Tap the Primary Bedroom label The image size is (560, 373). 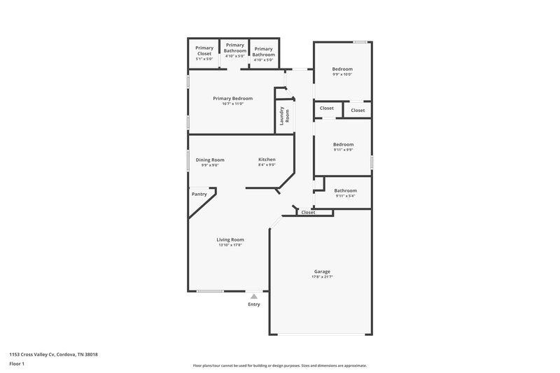click(x=233, y=98)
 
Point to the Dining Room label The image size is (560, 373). click(x=210, y=160)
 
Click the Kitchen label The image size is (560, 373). click(x=267, y=160)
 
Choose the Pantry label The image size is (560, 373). click(x=199, y=194)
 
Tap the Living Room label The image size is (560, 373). click(x=230, y=239)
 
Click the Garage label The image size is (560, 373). click(x=322, y=271)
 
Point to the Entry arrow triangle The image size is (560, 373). click(x=254, y=296)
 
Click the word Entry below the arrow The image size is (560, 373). click(x=254, y=304)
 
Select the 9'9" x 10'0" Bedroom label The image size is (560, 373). click(x=342, y=69)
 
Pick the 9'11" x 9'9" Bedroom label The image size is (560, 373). click(x=343, y=144)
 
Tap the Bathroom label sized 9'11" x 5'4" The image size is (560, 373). click(x=346, y=190)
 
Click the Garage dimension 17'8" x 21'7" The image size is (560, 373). click(x=322, y=277)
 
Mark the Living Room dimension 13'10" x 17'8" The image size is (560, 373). click(x=230, y=246)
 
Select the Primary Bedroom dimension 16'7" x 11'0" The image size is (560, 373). click(x=233, y=104)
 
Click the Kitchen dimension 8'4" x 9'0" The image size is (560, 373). click(x=267, y=166)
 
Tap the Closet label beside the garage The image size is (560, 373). click(x=308, y=212)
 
